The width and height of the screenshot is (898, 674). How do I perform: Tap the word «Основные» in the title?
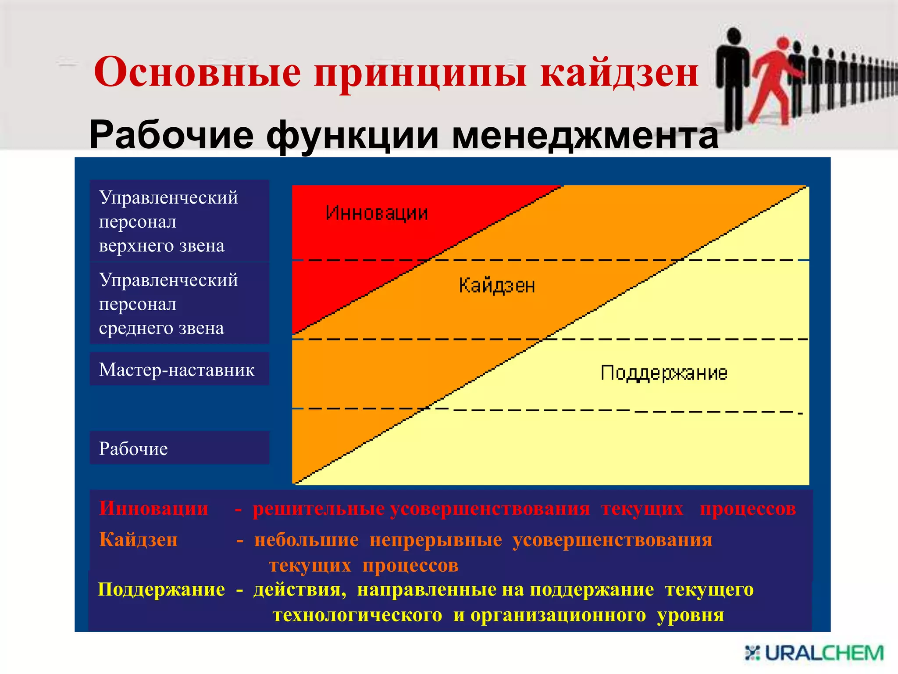click(197, 72)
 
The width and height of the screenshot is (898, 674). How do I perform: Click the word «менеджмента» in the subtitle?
click(585, 135)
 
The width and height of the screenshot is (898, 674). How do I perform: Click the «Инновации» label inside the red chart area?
click(377, 213)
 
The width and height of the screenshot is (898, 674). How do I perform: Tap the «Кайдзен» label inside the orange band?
click(497, 286)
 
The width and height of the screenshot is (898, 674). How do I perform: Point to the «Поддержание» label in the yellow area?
click(664, 373)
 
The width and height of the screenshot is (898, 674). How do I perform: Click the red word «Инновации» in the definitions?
click(153, 509)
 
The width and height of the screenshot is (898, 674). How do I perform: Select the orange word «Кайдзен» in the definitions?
click(138, 540)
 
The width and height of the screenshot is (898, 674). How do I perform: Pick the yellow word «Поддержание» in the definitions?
click(161, 589)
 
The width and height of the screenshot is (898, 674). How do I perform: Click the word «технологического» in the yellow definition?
click(357, 615)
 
